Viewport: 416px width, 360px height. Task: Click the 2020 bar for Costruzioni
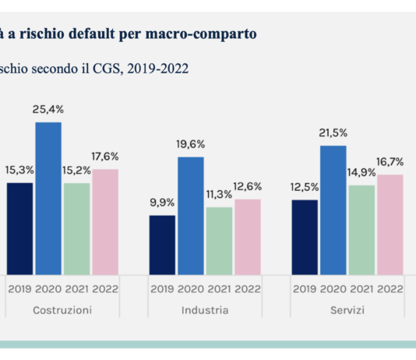pyautogui.click(x=48, y=198)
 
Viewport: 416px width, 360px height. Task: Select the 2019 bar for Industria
pyautogui.click(x=162, y=245)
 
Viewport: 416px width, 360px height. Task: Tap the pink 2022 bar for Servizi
pyautogui.click(x=390, y=224)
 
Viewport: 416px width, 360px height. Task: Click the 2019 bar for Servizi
pyautogui.click(x=305, y=237)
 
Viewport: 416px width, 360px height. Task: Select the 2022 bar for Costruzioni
pyautogui.click(x=105, y=221)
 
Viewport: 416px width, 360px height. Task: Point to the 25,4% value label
pyautogui.click(x=48, y=110)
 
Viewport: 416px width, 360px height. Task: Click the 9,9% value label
pyautogui.click(x=162, y=203)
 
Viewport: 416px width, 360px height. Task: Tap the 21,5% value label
pyautogui.click(x=333, y=133)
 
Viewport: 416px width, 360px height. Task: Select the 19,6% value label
pyautogui.click(x=191, y=144)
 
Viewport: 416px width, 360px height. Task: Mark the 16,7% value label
pyautogui.click(x=390, y=162)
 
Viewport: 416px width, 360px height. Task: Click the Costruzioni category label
pyautogui.click(x=62, y=310)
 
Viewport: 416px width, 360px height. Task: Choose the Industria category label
pyautogui.click(x=205, y=310)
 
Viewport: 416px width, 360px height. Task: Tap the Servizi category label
pyautogui.click(x=347, y=310)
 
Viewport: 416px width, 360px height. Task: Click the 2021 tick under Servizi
pyautogui.click(x=361, y=288)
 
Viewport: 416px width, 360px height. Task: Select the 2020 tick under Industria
pyautogui.click(x=191, y=288)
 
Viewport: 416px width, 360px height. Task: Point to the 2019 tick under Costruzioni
pyautogui.click(x=20, y=288)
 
